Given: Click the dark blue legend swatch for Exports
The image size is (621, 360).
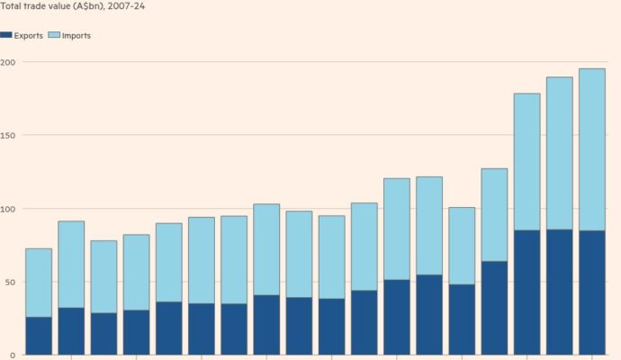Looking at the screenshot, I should pos(6,35).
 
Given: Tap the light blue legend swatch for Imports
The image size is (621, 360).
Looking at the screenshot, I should pos(53,35).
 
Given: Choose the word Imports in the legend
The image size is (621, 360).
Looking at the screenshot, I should pos(76,35).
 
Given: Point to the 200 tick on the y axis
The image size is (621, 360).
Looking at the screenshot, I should pos(8,62).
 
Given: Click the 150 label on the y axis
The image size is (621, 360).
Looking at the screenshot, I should pos(8,135).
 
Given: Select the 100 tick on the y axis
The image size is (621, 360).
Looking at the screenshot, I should pos(8,209).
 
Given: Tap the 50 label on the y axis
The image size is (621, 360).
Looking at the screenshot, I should pos(6,282).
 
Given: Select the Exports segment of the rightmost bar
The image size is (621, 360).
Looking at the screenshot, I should pos(592,292).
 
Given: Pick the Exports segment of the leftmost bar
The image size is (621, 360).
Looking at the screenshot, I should pos(39,336).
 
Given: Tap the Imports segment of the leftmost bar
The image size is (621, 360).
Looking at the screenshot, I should pos(39,283).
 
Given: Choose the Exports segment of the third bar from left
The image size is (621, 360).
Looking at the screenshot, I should pos(103,334).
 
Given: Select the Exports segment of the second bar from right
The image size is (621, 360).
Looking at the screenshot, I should pos(560,292).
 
